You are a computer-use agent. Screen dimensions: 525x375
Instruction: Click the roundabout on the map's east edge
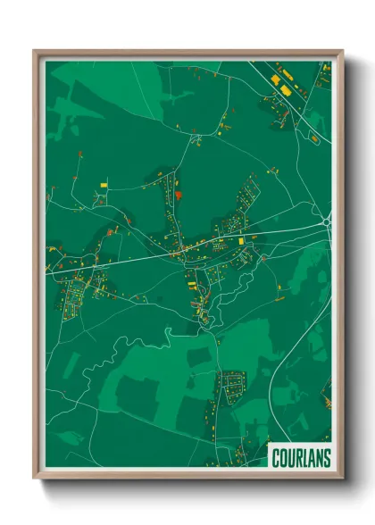(x=327, y=221)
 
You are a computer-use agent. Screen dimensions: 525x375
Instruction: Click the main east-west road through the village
(x=134, y=259)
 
